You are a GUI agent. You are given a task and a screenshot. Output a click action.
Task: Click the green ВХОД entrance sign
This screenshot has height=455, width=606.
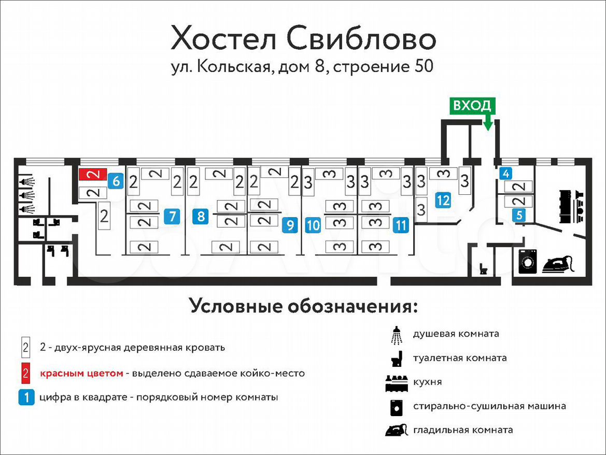(x=472, y=106)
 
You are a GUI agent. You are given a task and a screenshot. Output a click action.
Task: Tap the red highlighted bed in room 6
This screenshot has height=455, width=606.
(x=93, y=175)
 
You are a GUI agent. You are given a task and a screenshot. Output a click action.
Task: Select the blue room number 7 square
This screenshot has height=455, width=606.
(x=172, y=216)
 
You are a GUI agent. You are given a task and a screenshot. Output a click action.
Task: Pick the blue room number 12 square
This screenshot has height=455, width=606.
(x=443, y=200)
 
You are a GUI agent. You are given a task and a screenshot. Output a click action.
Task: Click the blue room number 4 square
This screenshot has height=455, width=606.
(x=506, y=174)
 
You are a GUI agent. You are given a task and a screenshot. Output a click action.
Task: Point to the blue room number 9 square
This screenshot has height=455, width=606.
(x=290, y=225)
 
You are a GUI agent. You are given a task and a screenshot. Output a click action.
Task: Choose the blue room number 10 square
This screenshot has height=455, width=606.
(x=313, y=225)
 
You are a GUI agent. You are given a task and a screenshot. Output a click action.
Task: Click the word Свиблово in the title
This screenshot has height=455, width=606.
(x=361, y=39)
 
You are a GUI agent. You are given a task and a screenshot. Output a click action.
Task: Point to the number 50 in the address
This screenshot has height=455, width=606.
(x=424, y=66)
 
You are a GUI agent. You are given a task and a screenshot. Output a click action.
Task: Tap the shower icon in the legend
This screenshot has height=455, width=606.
(x=397, y=335)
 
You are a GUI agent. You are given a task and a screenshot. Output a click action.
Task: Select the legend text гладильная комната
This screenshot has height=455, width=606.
(x=463, y=430)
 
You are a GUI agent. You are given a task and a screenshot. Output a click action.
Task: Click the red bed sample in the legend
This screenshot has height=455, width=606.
(x=25, y=373)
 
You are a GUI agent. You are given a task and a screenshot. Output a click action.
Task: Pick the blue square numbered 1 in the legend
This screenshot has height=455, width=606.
(x=26, y=397)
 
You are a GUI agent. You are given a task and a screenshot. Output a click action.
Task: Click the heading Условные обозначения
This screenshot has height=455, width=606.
(x=304, y=306)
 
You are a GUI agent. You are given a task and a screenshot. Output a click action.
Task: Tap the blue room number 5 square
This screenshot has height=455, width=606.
(x=519, y=215)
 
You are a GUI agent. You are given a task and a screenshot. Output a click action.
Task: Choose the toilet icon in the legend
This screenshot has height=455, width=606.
(x=397, y=359)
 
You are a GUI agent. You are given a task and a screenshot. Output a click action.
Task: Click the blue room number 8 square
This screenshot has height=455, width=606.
(x=201, y=216)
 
